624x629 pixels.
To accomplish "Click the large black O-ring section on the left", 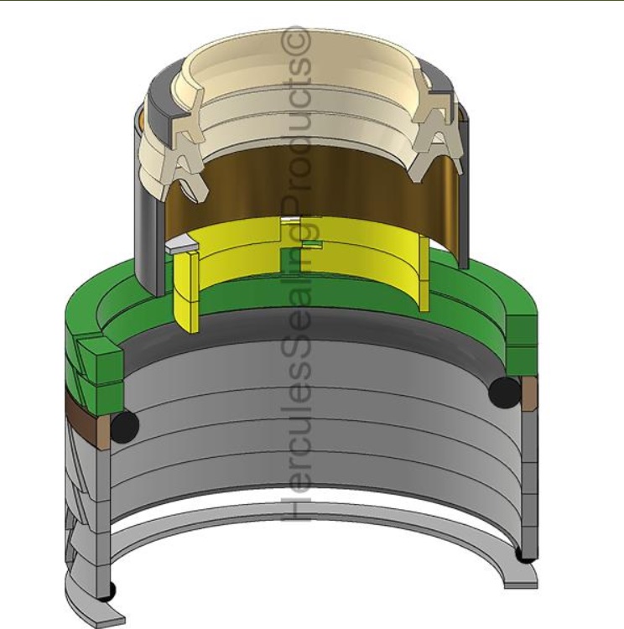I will click(x=123, y=427).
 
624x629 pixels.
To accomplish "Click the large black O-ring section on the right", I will click(x=506, y=390).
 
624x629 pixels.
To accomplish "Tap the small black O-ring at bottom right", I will click(x=524, y=554).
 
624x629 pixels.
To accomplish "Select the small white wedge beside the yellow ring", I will click(x=180, y=247).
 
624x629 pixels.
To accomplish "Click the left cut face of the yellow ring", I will click(x=187, y=289).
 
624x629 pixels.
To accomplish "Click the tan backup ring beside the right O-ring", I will click(x=529, y=392).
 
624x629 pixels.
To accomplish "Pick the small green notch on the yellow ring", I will click(x=312, y=244).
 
